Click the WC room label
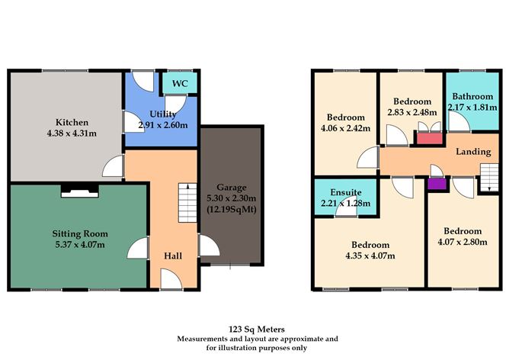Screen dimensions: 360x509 click(180, 83)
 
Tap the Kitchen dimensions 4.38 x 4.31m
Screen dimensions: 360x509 click(71, 134)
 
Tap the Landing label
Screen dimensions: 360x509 click(472, 152)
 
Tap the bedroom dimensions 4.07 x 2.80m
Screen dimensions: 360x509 click(463, 243)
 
